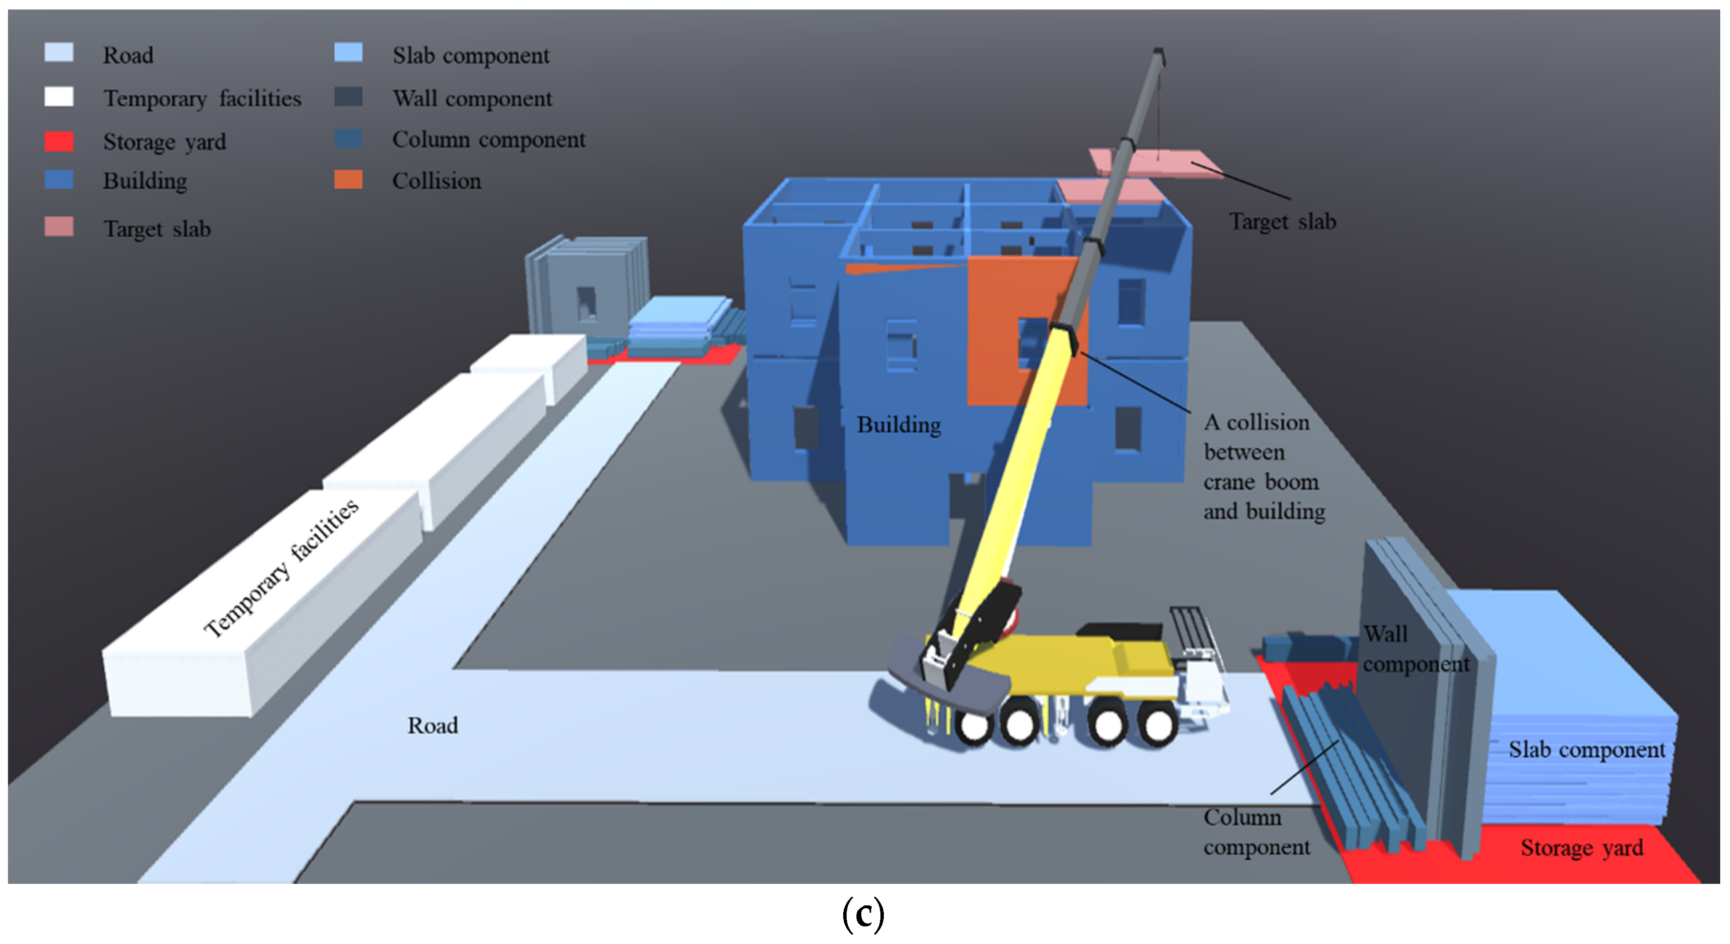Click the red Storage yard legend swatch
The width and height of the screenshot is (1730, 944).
[x=59, y=142]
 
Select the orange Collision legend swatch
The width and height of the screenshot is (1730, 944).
[x=348, y=180]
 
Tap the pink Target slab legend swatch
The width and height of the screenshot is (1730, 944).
[x=59, y=227]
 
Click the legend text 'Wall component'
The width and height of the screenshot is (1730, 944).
[x=472, y=99]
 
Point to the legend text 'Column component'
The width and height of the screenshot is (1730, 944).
[x=488, y=140]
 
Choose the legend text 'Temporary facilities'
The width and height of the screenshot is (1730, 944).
[x=202, y=99]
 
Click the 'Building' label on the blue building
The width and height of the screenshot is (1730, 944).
[x=899, y=425]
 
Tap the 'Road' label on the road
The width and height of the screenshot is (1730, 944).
[x=433, y=725]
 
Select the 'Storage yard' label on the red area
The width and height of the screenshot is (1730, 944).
[x=1582, y=848]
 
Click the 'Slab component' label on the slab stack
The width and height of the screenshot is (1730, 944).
[x=1586, y=749]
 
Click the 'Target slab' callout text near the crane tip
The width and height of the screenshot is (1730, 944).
[x=1282, y=222]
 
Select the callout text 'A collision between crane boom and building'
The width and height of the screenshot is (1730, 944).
[x=1263, y=467]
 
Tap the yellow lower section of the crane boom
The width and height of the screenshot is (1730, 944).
[x=1007, y=470]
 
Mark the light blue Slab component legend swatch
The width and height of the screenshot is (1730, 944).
[x=348, y=53]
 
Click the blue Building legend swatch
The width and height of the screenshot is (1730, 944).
[x=59, y=180]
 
